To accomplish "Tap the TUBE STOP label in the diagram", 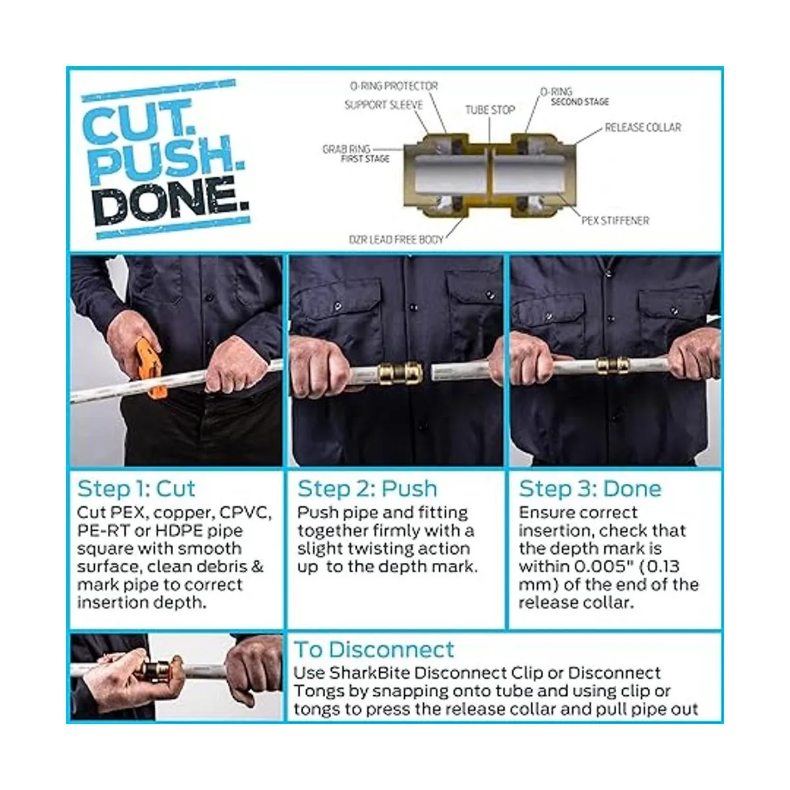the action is pyautogui.click(x=490, y=110).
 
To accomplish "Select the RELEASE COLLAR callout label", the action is pyautogui.click(x=643, y=128).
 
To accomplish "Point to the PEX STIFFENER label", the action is pyautogui.click(x=616, y=221).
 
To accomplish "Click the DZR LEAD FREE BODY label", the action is pyautogui.click(x=396, y=240).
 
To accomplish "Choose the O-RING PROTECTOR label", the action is pyautogui.click(x=394, y=86).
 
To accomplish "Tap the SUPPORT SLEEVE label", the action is pyautogui.click(x=383, y=105).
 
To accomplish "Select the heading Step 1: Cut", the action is pyautogui.click(x=136, y=488).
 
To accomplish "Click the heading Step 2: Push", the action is pyautogui.click(x=367, y=488).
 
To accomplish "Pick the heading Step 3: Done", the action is pyautogui.click(x=590, y=488).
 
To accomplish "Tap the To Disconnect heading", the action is pyautogui.click(x=374, y=650).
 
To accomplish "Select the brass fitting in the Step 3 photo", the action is pyautogui.click(x=612, y=365).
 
